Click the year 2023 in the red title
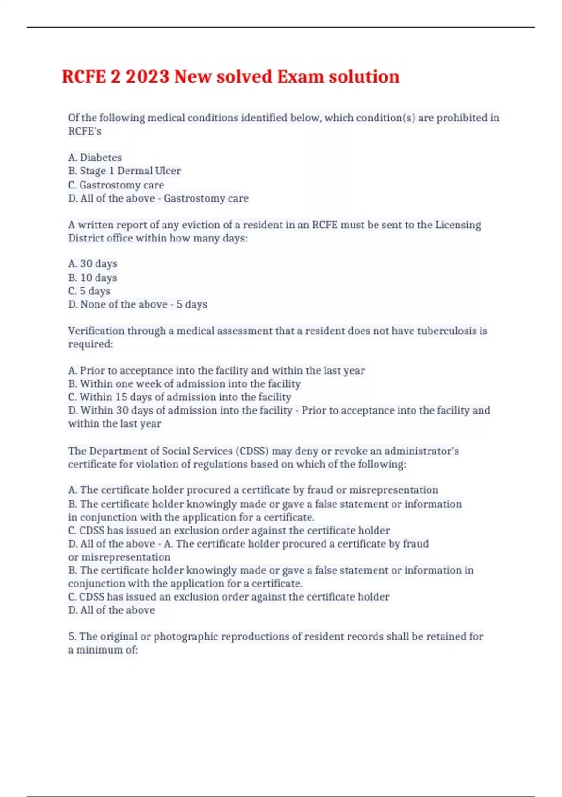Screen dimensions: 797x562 point(147,76)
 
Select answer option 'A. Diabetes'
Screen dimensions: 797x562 point(95,158)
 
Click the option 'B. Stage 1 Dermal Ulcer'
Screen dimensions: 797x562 point(125,171)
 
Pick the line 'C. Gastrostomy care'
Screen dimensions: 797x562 point(116,185)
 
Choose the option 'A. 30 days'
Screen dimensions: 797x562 point(93,263)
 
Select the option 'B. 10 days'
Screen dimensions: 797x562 point(93,278)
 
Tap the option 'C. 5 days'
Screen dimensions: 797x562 point(89,291)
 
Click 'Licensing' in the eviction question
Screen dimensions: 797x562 point(458,225)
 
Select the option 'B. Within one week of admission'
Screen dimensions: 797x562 point(185,383)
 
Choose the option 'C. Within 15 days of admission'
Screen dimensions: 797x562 point(180,397)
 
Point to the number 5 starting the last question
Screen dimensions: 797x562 point(71,636)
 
